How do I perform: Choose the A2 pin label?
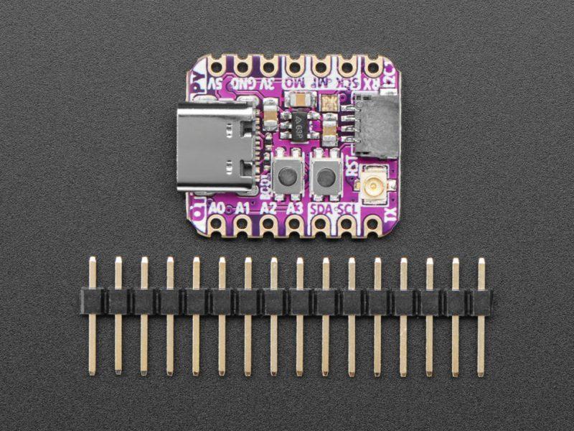click(268, 208)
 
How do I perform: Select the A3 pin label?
click(293, 208)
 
